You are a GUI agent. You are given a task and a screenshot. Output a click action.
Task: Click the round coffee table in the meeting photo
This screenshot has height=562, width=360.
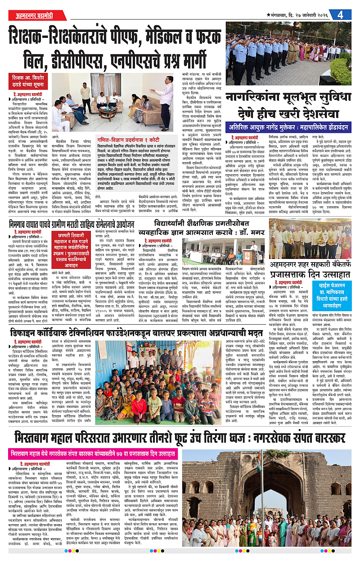click(108, 111)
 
